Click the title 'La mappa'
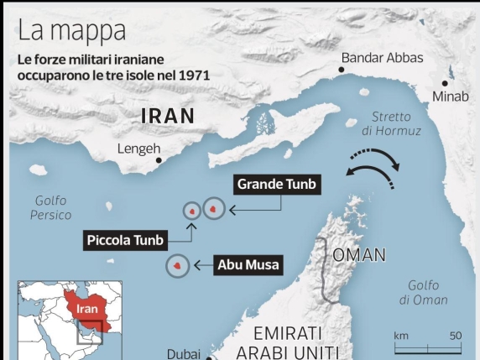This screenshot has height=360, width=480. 72,31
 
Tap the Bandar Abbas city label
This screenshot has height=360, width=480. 382,58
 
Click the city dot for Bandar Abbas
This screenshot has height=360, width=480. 342,70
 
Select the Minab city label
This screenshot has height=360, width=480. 450,97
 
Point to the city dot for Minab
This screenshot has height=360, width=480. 446,84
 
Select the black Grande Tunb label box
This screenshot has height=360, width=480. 278,184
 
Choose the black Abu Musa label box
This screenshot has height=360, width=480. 248,265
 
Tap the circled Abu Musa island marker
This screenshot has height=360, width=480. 177,266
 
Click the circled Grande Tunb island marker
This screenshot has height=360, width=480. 214,209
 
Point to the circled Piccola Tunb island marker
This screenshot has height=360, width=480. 192,211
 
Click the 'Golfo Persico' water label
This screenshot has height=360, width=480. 51,207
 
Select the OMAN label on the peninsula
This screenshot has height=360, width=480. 359,255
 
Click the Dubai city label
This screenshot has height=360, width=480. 183,353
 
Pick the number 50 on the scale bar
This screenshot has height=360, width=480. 456,336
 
